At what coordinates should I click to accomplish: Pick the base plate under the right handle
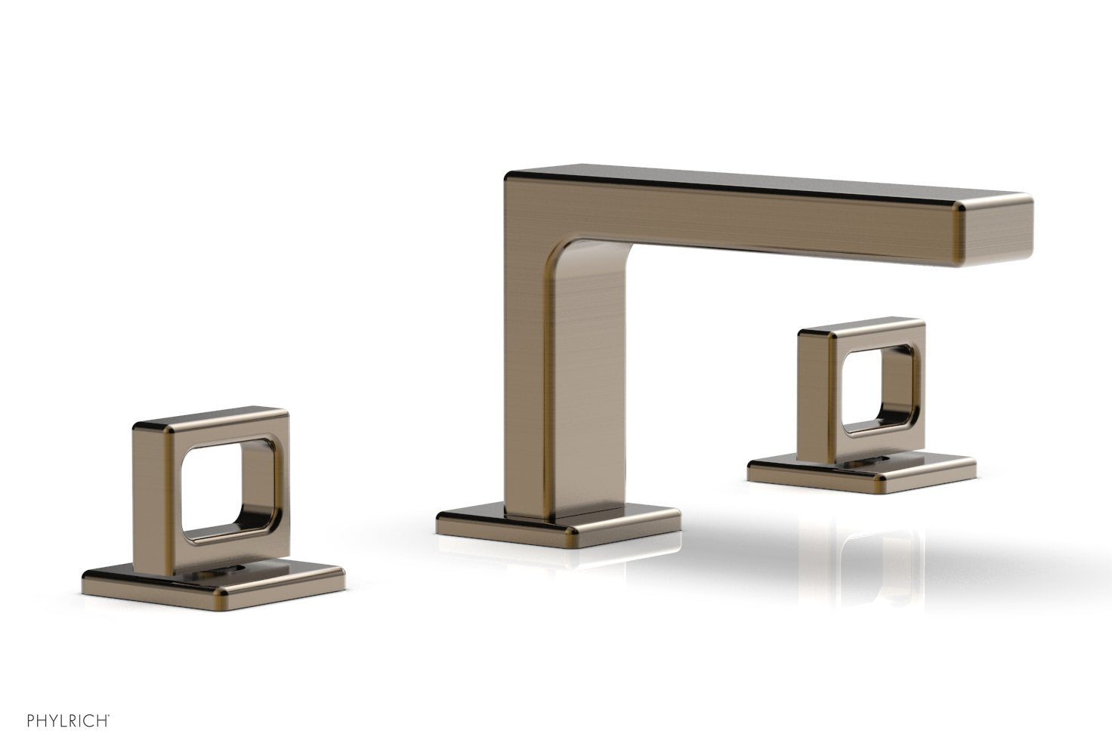point(861,472)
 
